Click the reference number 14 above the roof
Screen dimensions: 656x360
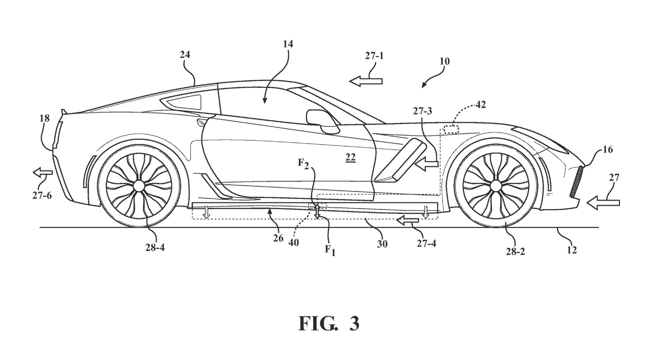tap(288, 44)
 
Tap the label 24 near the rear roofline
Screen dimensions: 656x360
tap(185, 55)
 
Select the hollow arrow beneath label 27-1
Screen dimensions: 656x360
tap(366, 81)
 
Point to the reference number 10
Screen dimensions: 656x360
tap(444, 62)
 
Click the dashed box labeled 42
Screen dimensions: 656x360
tap(451, 129)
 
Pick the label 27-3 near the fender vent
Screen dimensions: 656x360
tap(423, 111)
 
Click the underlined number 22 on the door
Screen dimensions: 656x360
tap(350, 157)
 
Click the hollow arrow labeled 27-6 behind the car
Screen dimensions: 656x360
tap(43, 173)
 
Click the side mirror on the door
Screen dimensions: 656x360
tap(322, 121)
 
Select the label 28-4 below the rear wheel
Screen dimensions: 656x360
tap(155, 248)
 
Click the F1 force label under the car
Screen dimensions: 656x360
tap(330, 251)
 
